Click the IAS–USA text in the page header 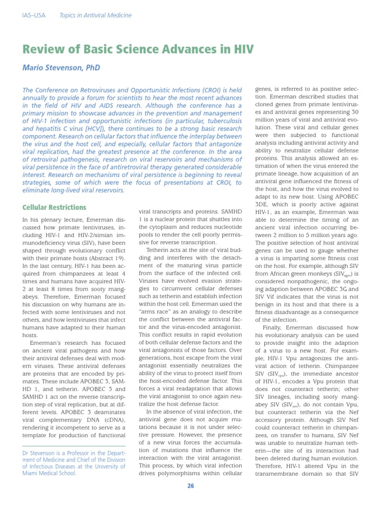[x=34, y=15]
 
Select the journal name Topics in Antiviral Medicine [x=95, y=15]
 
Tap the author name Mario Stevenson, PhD [x=61, y=67]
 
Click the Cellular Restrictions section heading [x=54, y=207]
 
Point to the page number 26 [x=190, y=486]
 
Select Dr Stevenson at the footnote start [x=41, y=453]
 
